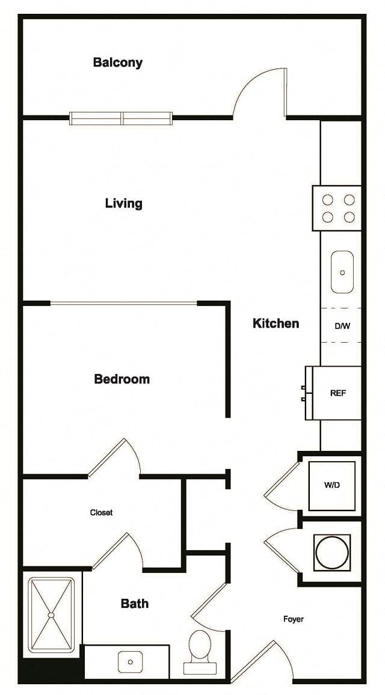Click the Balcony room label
click(x=118, y=63)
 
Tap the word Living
click(x=124, y=203)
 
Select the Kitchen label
click(x=276, y=323)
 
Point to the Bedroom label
click(x=122, y=379)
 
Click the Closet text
click(x=101, y=513)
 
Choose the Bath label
click(x=135, y=604)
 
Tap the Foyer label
click(x=294, y=619)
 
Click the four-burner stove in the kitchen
click(x=337, y=209)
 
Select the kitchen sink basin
click(x=342, y=272)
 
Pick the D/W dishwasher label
click(x=342, y=326)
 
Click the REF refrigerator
click(x=337, y=393)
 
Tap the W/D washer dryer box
click(x=331, y=485)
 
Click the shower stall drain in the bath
click(x=51, y=615)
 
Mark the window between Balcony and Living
click(x=122, y=118)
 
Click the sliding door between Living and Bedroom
click(x=123, y=303)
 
